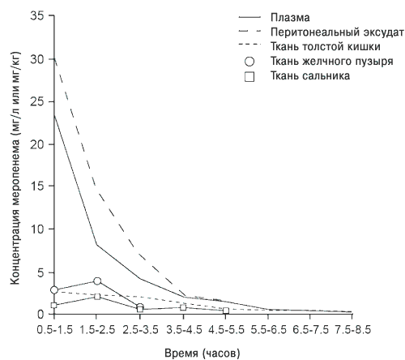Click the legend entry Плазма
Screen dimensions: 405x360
click(x=290, y=18)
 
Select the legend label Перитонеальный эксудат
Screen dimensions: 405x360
click(x=337, y=32)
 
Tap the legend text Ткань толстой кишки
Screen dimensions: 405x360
click(x=326, y=46)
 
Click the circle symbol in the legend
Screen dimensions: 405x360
click(x=249, y=62)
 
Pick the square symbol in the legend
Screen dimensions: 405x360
click(x=249, y=77)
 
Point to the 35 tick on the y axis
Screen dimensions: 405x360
click(x=37, y=16)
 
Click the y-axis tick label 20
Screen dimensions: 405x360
click(x=37, y=144)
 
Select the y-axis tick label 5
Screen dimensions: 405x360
click(x=40, y=272)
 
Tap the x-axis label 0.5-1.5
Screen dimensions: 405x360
click(x=55, y=330)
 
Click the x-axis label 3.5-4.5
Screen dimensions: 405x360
click(x=184, y=330)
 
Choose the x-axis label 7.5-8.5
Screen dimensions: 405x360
click(x=353, y=330)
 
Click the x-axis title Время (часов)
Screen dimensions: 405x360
click(x=202, y=354)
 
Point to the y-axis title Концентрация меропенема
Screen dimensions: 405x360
click(x=15, y=212)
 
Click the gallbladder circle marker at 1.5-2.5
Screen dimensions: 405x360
click(x=97, y=281)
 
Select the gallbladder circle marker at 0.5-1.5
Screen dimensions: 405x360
click(x=54, y=290)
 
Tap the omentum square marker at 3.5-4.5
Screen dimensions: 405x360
click(x=183, y=307)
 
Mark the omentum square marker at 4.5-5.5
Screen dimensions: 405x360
click(x=226, y=311)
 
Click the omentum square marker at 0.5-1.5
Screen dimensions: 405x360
click(x=54, y=305)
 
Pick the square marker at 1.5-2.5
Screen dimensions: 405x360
click(x=97, y=297)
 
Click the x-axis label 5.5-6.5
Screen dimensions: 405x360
click(x=269, y=330)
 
